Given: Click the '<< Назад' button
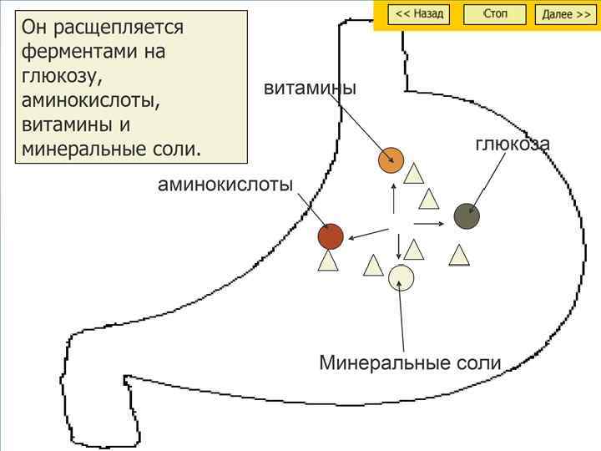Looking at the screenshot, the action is click(419, 14).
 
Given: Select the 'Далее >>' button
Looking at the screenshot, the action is click(566, 14).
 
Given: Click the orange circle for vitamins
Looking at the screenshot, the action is click(391, 160).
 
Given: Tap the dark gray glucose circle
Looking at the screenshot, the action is click(467, 215).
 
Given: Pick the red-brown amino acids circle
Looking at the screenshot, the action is click(331, 236).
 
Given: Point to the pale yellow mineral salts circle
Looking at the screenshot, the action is click(401, 276).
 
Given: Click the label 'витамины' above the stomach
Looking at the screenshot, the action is click(310, 88).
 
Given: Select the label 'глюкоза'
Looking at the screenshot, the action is click(513, 144).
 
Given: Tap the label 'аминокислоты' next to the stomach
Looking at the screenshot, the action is click(225, 185).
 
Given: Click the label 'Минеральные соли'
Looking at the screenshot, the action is click(410, 363).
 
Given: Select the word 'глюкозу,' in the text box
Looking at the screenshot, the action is click(62, 77).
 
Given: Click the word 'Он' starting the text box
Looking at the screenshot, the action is click(37, 28).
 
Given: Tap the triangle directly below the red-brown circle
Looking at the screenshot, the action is click(328, 261).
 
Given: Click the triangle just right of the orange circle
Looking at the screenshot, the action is click(414, 175).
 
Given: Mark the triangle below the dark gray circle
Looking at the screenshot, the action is click(459, 255).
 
